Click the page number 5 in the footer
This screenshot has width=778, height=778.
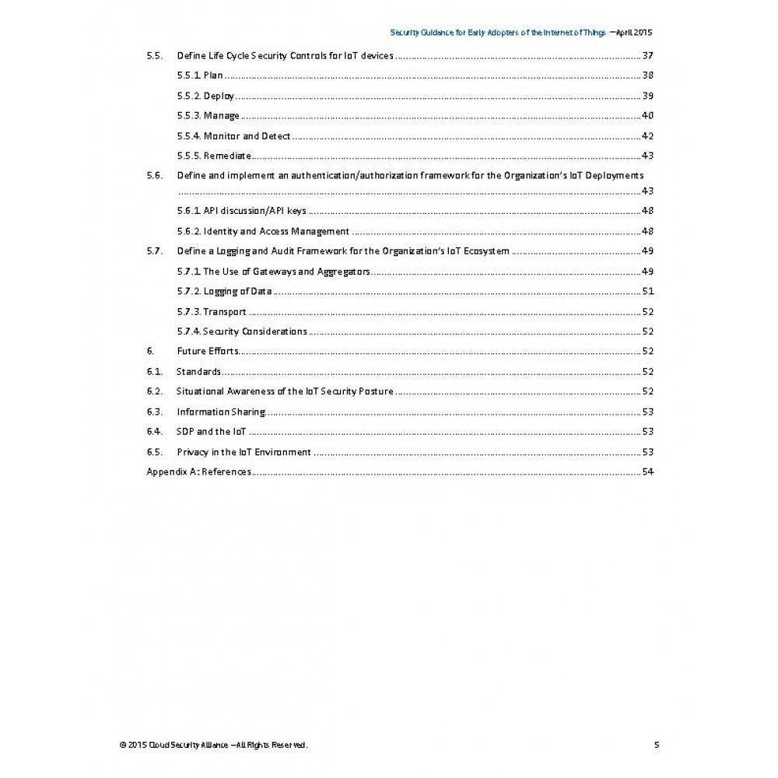pos(657,745)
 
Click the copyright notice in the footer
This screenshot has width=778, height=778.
pos(214,745)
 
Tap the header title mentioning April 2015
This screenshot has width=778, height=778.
pos(520,33)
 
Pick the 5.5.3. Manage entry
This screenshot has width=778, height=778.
pos(208,116)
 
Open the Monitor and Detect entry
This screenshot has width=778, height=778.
pos(233,136)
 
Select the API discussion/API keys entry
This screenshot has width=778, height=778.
pos(241,211)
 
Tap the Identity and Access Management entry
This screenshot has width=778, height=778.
pos(263,231)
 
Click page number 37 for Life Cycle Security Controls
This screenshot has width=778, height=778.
pos(647,56)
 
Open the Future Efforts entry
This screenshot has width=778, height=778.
pos(207,351)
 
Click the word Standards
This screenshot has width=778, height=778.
pos(198,371)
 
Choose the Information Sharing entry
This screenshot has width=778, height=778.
pos(221,412)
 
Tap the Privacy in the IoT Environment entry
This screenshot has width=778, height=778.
pos(244,452)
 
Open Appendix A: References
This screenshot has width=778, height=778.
pos(198,471)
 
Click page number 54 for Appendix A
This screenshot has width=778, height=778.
pos(647,471)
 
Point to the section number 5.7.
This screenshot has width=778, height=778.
pos(154,251)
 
